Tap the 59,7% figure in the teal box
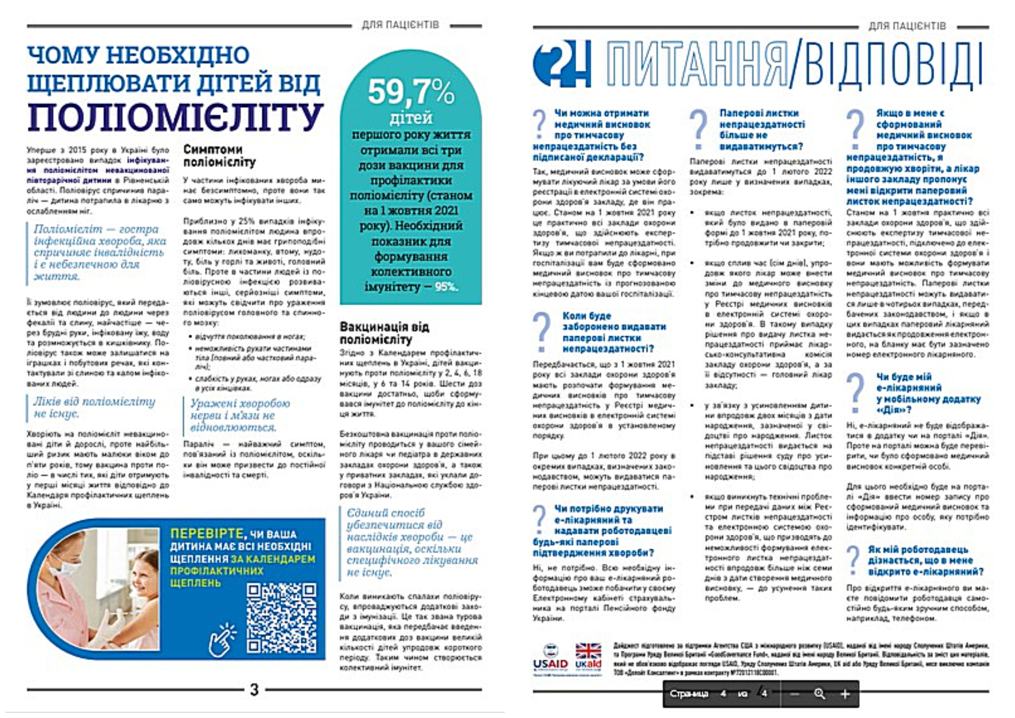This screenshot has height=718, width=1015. click(411, 92)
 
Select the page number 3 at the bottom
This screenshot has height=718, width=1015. click(254, 690)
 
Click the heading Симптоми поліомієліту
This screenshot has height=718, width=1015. click(220, 155)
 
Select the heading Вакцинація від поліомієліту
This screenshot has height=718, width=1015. click(384, 333)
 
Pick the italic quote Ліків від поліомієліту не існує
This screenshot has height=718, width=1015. click(95, 407)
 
